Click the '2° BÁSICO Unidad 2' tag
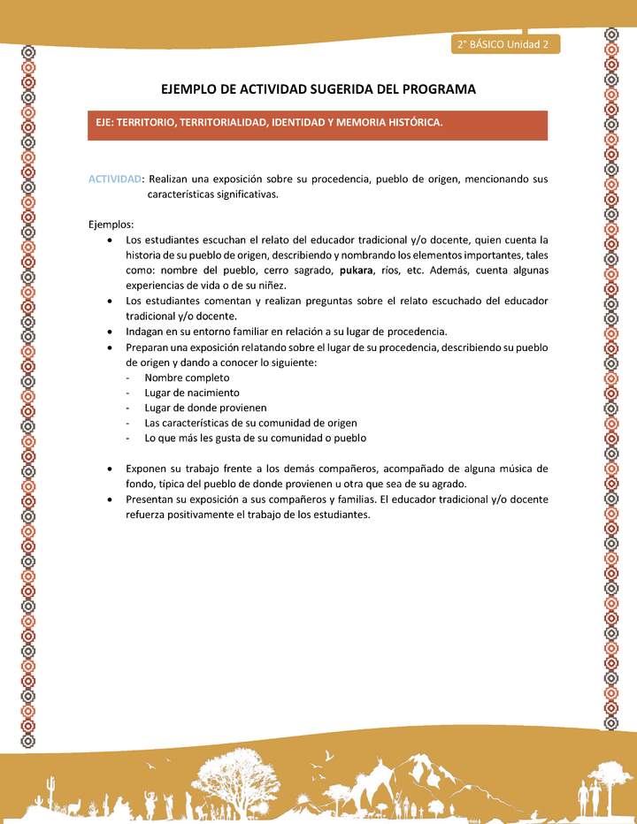click(503, 44)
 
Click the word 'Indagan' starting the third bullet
click(145, 332)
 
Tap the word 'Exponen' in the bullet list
click(146, 468)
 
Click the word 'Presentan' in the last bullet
click(150, 499)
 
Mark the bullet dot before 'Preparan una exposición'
click(108, 347)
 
